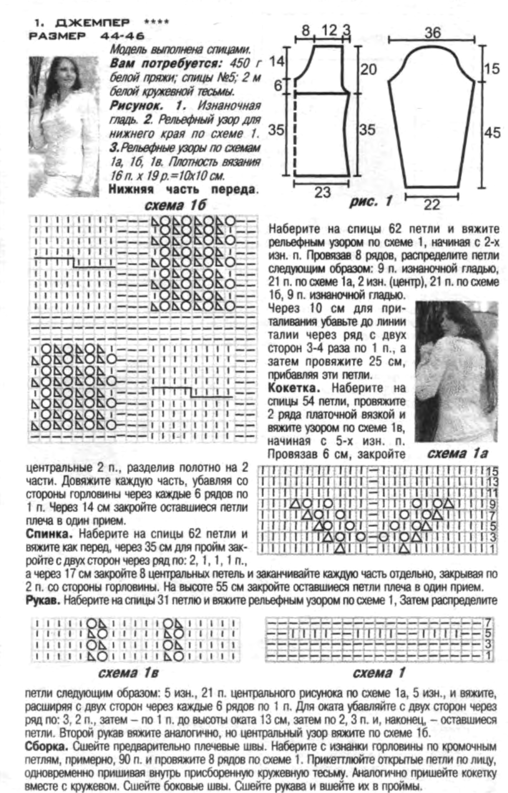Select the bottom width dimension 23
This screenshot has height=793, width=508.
[322, 192]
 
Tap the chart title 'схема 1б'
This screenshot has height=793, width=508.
[175, 206]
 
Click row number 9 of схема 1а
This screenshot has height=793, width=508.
[492, 504]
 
